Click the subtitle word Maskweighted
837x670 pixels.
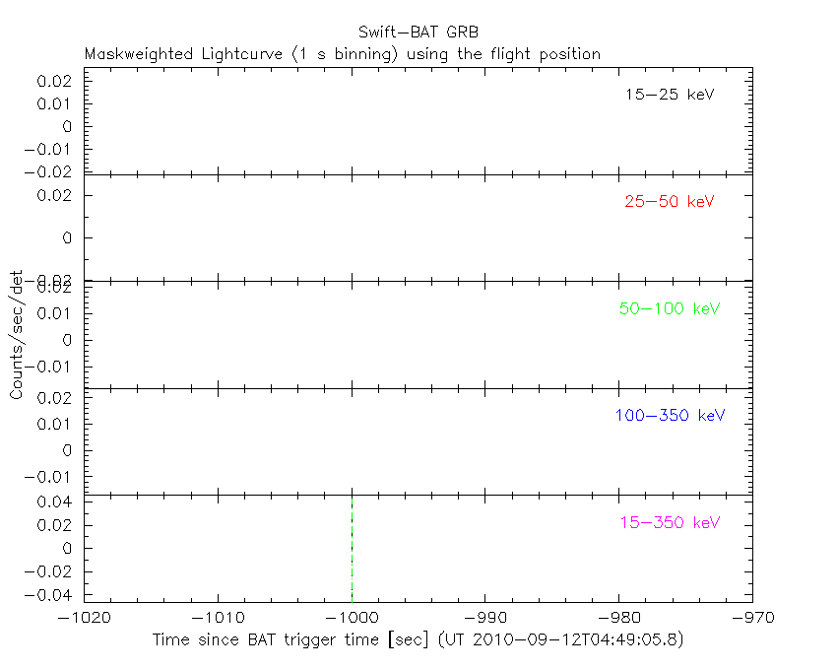[132, 54]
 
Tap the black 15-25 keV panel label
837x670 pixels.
[669, 96]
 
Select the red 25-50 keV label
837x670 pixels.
[669, 202]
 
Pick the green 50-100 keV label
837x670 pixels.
[670, 308]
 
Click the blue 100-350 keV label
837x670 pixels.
[670, 415]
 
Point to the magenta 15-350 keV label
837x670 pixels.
[670, 522]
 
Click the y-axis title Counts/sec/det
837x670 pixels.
[16, 334]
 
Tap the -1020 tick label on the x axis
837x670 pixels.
[84, 618]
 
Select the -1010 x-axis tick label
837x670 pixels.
[218, 618]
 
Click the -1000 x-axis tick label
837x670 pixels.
[352, 618]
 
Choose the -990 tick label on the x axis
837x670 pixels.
[485, 618]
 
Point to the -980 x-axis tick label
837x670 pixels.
[619, 618]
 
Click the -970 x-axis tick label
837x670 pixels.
[751, 618]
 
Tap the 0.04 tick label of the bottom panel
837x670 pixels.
[56, 502]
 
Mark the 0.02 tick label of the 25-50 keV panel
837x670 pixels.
[56, 195]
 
